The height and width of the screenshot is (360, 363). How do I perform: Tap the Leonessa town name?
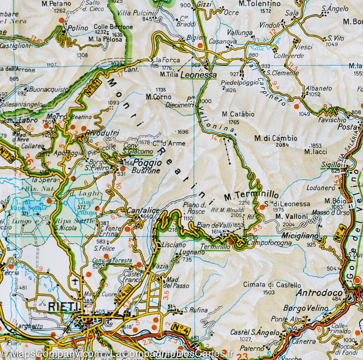click(x=199, y=75)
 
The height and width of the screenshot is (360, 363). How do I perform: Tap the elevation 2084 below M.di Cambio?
click(x=282, y=145)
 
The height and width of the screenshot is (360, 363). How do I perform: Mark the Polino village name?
click(x=78, y=28)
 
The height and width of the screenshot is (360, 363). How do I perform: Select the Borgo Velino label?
click(x=300, y=308)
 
